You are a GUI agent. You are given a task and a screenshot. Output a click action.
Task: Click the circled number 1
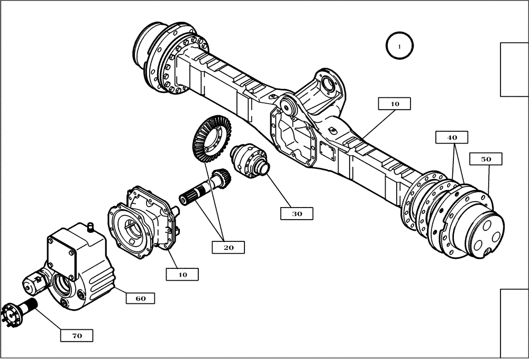tap(400, 46)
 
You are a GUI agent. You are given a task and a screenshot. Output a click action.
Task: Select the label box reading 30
tap(297, 213)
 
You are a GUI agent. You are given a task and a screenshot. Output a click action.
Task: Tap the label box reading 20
tap(228, 247)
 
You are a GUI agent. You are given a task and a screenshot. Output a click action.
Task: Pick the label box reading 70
tap(77, 335)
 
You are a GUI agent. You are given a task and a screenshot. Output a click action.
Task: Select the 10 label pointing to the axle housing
tap(395, 104)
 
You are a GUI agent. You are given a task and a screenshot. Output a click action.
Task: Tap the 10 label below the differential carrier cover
tap(182, 274)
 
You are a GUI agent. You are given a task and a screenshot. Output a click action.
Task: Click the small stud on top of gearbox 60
tap(89, 228)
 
